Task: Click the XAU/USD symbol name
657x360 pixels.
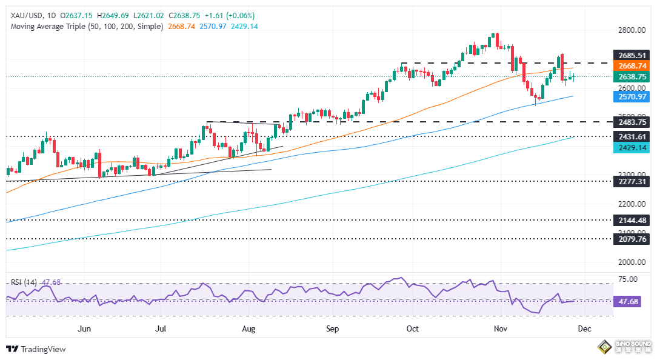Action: [24, 15]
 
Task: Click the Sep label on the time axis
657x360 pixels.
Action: [332, 328]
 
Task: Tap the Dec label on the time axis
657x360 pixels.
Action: [584, 328]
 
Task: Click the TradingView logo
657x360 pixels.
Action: [36, 349]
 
